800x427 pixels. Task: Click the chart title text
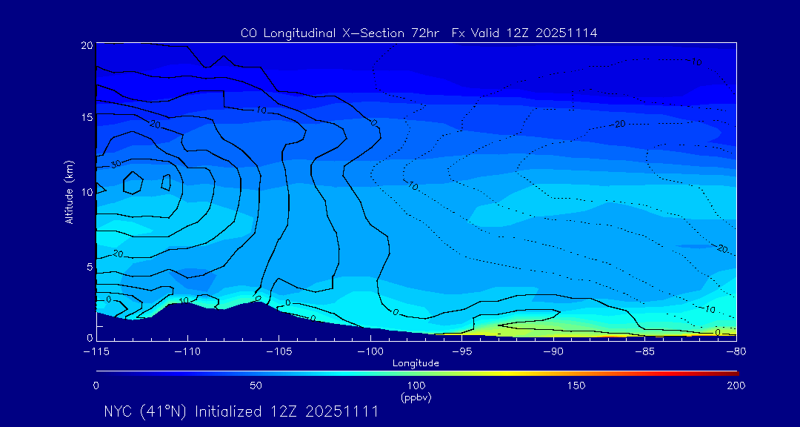(x=419, y=33)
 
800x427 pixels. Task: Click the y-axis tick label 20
(x=87, y=45)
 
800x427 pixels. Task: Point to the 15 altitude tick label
(x=87, y=118)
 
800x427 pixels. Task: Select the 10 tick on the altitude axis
(x=87, y=191)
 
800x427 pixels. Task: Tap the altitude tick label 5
(x=89, y=265)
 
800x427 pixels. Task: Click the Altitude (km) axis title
(x=70, y=191)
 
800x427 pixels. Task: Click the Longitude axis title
(x=416, y=363)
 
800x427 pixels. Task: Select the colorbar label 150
(x=576, y=385)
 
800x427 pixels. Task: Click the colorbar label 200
(x=736, y=385)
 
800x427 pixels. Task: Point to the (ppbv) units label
(x=416, y=397)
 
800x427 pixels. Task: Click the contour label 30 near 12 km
(x=116, y=164)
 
